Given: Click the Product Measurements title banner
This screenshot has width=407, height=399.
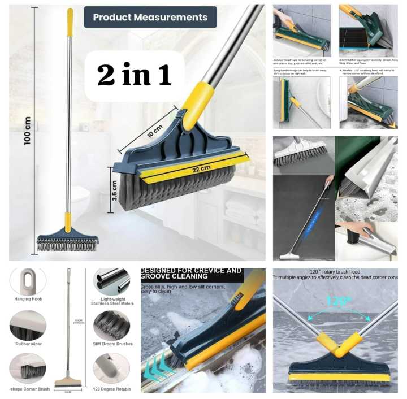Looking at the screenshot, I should [x=150, y=17].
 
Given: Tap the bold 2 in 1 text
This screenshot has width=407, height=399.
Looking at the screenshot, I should [x=134, y=76].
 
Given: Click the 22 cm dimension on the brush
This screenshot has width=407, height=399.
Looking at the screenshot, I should [x=193, y=168].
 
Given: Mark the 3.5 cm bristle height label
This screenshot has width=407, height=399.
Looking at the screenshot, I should [x=115, y=190].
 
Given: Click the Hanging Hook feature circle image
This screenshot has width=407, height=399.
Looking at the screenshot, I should [x=27, y=281].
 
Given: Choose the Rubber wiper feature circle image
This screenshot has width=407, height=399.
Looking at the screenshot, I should [x=27, y=325].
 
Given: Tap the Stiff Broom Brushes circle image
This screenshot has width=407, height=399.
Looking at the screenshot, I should [x=111, y=325].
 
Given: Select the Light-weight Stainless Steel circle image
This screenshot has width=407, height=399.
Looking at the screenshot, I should [x=111, y=281].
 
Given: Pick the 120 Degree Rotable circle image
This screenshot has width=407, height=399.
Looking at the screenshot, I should [x=111, y=368].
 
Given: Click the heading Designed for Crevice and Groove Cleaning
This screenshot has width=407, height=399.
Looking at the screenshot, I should [x=192, y=274].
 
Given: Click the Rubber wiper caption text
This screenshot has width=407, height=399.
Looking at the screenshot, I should [x=28, y=344].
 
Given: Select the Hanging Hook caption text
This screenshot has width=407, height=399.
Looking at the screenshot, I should [x=28, y=300].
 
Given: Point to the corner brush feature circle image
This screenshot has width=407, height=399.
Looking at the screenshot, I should [x=27, y=368].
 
